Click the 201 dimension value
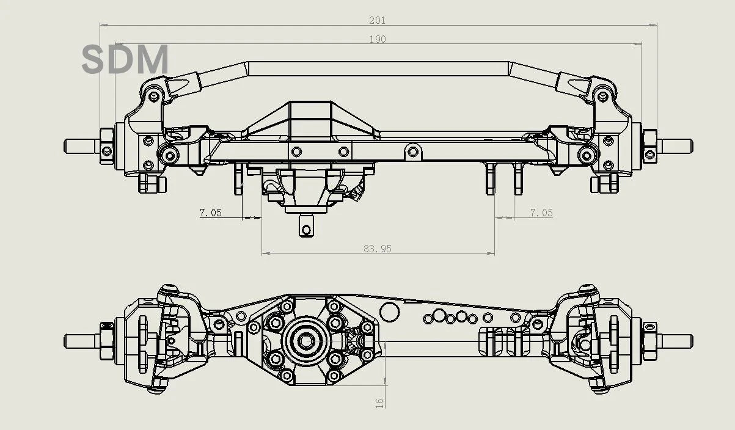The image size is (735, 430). coord(377,20)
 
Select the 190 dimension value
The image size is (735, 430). coord(378,39)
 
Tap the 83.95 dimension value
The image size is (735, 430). coord(377,249)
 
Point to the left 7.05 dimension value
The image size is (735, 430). coord(211,213)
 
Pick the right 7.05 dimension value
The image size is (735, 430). coord(541,213)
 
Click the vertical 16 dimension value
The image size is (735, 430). coord(379,402)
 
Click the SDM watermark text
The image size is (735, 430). coord(125,60)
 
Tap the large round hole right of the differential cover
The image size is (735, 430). coord(389,311)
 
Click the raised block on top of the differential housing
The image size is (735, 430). coord(312,115)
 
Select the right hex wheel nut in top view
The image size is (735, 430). coord(649,145)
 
